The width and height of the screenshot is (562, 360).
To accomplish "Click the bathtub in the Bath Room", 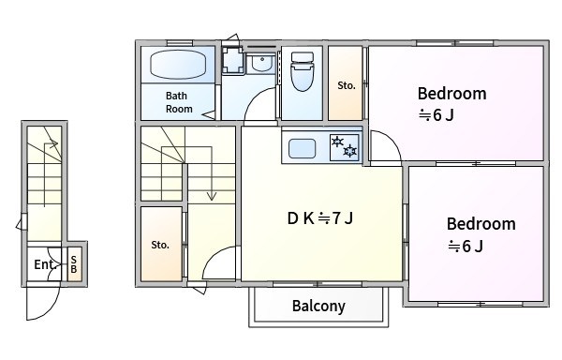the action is pyautogui.click(x=178, y=65).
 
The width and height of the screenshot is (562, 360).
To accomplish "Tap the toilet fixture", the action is pyautogui.click(x=303, y=71).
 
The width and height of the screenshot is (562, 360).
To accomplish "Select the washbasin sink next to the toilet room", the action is pyautogui.click(x=261, y=63).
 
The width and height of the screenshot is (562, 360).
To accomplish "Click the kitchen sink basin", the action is pyautogui.click(x=302, y=149).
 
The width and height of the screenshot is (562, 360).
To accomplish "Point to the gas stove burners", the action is pyautogui.click(x=344, y=147).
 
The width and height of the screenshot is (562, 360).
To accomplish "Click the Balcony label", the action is pyautogui.click(x=318, y=306).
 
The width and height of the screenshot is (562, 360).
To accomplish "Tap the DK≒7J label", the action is pyautogui.click(x=320, y=218).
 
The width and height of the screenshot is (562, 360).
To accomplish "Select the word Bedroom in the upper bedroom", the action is pyautogui.click(x=452, y=94).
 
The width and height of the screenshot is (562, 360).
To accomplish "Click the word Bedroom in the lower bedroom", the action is pyautogui.click(x=481, y=224).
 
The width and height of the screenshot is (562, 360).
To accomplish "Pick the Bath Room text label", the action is pyautogui.click(x=179, y=102).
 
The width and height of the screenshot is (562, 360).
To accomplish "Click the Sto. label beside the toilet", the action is pyautogui.click(x=347, y=85).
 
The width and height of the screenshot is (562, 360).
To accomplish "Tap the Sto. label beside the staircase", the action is pyautogui.click(x=160, y=245).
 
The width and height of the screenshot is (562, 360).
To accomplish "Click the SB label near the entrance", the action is pyautogui.click(x=74, y=264).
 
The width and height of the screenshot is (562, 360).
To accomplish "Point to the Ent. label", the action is pyautogui.click(x=44, y=264).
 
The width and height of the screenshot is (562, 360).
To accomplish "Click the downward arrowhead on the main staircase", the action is pyautogui.click(x=212, y=196).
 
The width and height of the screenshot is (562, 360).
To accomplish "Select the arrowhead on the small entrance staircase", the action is pyautogui.click(x=53, y=143).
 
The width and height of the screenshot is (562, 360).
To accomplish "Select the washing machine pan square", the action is pyautogui.click(x=233, y=60).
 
